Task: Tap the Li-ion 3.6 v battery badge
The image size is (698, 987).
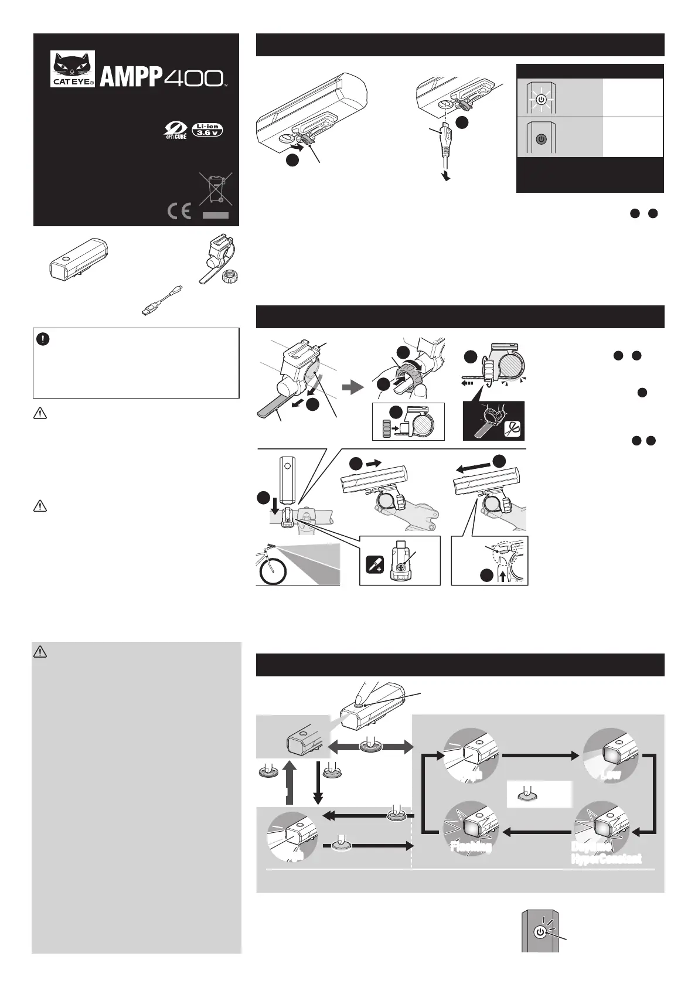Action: pyautogui.click(x=208, y=130)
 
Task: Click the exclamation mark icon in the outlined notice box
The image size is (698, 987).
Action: pyautogui.click(x=43, y=339)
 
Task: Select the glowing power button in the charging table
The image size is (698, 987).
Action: pyautogui.click(x=541, y=100)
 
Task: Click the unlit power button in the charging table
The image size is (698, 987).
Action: pyautogui.click(x=541, y=139)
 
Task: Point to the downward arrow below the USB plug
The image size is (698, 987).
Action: pyautogui.click(x=447, y=175)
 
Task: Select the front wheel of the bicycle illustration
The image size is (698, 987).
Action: pyautogui.click(x=273, y=573)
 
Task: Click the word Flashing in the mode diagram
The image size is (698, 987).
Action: pyautogui.click(x=470, y=846)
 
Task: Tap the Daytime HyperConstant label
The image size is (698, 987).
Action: pyautogui.click(x=605, y=853)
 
